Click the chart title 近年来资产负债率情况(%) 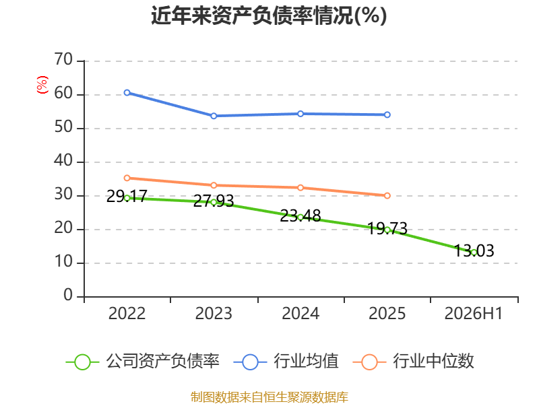[x=269, y=15]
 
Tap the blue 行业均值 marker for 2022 [x=127, y=92]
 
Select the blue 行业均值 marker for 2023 [x=214, y=116]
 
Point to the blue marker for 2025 [x=387, y=114]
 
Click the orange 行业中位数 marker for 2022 [x=127, y=178]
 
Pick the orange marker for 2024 [x=300, y=188]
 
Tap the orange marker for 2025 [x=387, y=195]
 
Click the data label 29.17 [x=127, y=196]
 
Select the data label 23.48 [x=300, y=215]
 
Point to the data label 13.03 [x=474, y=250]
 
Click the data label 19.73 [x=387, y=228]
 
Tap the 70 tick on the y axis [x=63, y=60]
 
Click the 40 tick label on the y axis [x=63, y=161]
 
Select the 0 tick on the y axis [x=68, y=296]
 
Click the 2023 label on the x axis [x=214, y=313]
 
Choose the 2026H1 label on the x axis [x=474, y=313]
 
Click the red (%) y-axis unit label [x=42, y=85]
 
